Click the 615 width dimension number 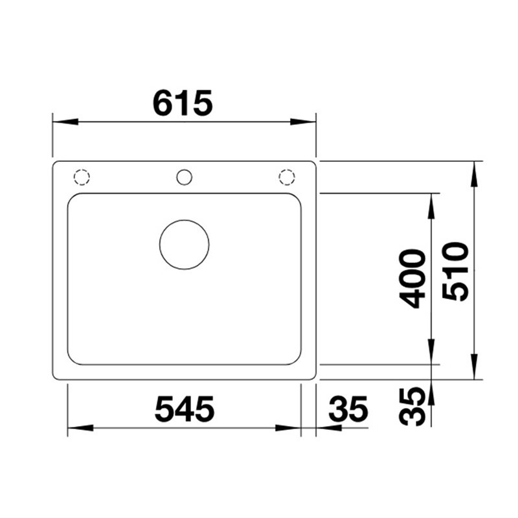[183, 102]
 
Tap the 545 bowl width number [185, 409]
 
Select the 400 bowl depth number [412, 279]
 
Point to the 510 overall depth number [455, 271]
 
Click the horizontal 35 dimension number [348, 409]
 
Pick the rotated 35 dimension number [412, 407]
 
